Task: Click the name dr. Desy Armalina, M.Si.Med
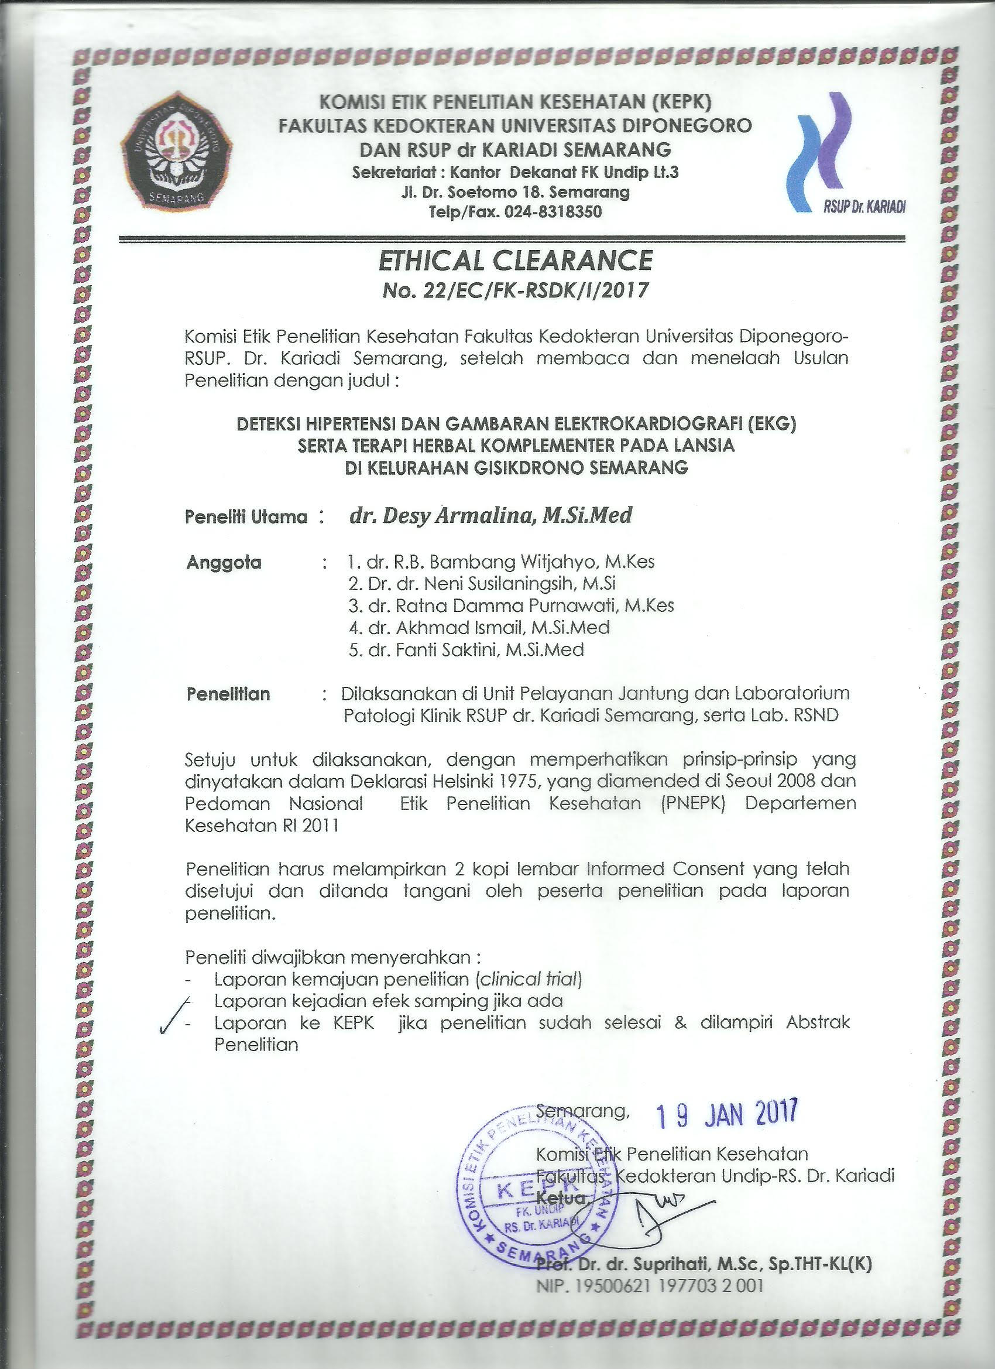pyautogui.click(x=490, y=515)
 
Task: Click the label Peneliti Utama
pyautogui.click(x=247, y=517)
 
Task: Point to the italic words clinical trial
pyautogui.click(x=529, y=978)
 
